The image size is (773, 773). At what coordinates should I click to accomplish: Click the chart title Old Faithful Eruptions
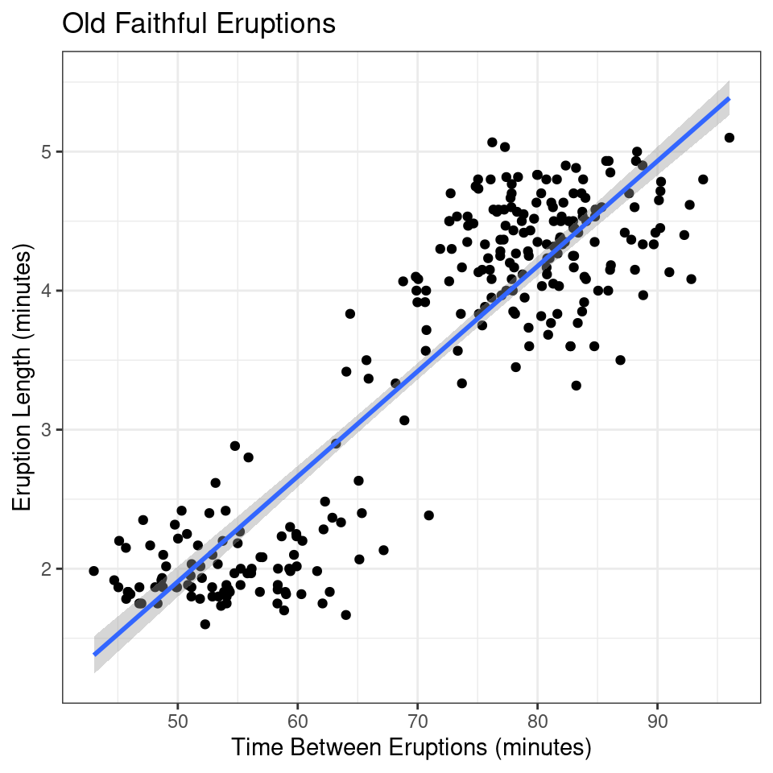[x=198, y=24]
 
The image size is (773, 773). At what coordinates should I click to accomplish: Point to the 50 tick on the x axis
[x=178, y=719]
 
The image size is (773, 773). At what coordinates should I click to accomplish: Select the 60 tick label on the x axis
[x=298, y=719]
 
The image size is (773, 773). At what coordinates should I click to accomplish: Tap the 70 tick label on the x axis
[x=418, y=719]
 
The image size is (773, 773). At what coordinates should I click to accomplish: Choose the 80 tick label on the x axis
[x=538, y=719]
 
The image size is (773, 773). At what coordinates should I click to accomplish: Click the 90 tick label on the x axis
[x=658, y=719]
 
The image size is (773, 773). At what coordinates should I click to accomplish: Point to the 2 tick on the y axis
[x=46, y=569]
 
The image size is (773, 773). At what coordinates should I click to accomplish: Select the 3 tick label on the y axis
[x=46, y=430]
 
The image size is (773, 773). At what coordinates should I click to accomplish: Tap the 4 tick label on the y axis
[x=46, y=291]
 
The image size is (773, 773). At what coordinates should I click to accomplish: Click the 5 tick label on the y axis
[x=46, y=151]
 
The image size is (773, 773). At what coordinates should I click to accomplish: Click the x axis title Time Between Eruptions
[x=411, y=747]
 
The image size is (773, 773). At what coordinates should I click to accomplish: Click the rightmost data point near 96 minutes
[x=730, y=138]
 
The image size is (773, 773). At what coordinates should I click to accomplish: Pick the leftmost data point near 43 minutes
[x=93, y=571]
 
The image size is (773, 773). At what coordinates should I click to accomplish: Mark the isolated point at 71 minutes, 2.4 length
[x=428, y=515]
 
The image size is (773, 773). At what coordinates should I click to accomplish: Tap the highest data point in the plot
[x=492, y=143]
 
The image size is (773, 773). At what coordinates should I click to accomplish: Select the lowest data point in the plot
[x=205, y=624]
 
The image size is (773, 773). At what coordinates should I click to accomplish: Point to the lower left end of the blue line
[x=94, y=654]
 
